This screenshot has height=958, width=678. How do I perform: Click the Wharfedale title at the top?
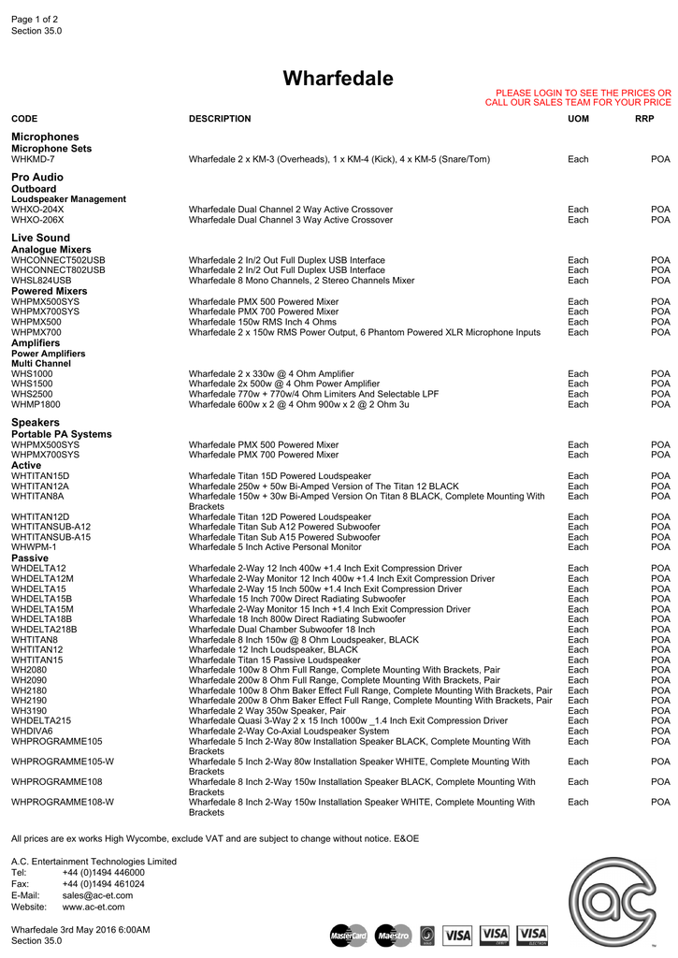pyautogui.click(x=339, y=79)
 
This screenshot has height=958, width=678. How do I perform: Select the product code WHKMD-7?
pyautogui.click(x=33, y=159)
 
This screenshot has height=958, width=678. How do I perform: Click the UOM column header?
pyautogui.click(x=578, y=119)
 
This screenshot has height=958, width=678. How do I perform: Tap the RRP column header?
pyautogui.click(x=644, y=119)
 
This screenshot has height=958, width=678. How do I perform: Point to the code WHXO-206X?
pyautogui.click(x=37, y=220)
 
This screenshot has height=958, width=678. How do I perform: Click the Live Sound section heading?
pyautogui.click(x=40, y=238)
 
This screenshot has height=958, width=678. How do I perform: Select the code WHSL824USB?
pyautogui.click(x=41, y=281)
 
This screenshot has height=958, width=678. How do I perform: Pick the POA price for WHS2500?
pyautogui.click(x=660, y=394)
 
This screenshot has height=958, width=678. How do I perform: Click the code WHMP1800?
pyautogui.click(x=36, y=404)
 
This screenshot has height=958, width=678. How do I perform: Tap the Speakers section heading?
pyautogui.click(x=35, y=423)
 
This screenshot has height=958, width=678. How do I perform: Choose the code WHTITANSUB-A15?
pyautogui.click(x=50, y=537)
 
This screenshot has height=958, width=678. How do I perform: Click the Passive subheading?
pyautogui.click(x=30, y=558)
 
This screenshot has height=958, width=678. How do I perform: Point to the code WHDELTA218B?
pyautogui.click(x=44, y=630)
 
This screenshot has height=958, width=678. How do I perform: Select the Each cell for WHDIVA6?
pyautogui.click(x=578, y=732)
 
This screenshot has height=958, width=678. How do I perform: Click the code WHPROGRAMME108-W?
pyautogui.click(x=63, y=802)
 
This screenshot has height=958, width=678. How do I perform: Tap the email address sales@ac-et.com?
pyautogui.click(x=97, y=895)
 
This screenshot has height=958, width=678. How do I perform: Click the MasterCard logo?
pyautogui.click(x=349, y=935)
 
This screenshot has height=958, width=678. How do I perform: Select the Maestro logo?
pyautogui.click(x=393, y=935)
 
